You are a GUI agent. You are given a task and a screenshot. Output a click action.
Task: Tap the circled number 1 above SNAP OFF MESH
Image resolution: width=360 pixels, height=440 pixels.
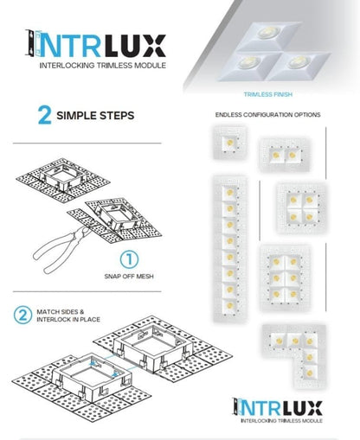coord(128,258)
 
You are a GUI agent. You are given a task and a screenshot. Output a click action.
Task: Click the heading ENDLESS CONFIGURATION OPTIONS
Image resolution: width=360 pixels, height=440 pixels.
coord(267,115)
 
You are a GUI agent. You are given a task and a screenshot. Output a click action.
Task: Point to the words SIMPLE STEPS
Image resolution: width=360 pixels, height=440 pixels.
coord(96,117)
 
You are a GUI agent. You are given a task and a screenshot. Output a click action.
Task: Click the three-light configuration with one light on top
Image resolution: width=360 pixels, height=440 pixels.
coord(297,204)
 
